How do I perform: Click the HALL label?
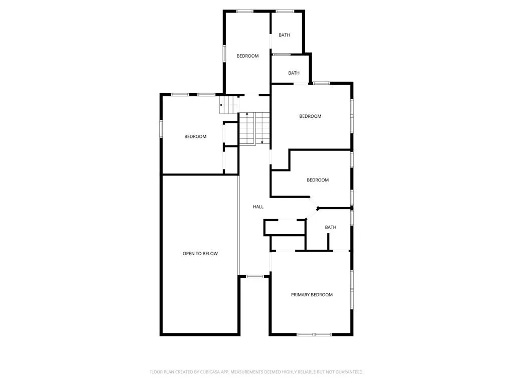pyautogui.click(x=258, y=207)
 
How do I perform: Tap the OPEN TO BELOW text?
pyautogui.click(x=200, y=253)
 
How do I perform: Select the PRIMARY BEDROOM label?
pyautogui.click(x=312, y=295)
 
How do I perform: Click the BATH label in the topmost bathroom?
pyautogui.click(x=284, y=35)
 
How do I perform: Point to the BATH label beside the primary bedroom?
pyautogui.click(x=331, y=227)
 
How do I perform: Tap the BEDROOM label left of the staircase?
pyautogui.click(x=195, y=136)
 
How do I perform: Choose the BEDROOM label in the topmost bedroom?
pyautogui.click(x=247, y=56)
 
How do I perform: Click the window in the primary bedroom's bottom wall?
pyautogui.click(x=314, y=334)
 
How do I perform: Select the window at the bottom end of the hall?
pyautogui.click(x=255, y=277)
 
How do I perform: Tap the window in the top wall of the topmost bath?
pyautogui.click(x=285, y=12)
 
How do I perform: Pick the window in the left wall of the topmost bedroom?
pyautogui.click(x=224, y=53)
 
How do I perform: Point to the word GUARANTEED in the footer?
pyautogui.click(x=350, y=372)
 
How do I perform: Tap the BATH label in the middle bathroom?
pyautogui.click(x=294, y=73)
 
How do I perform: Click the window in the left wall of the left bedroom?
pyautogui.click(x=161, y=128)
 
